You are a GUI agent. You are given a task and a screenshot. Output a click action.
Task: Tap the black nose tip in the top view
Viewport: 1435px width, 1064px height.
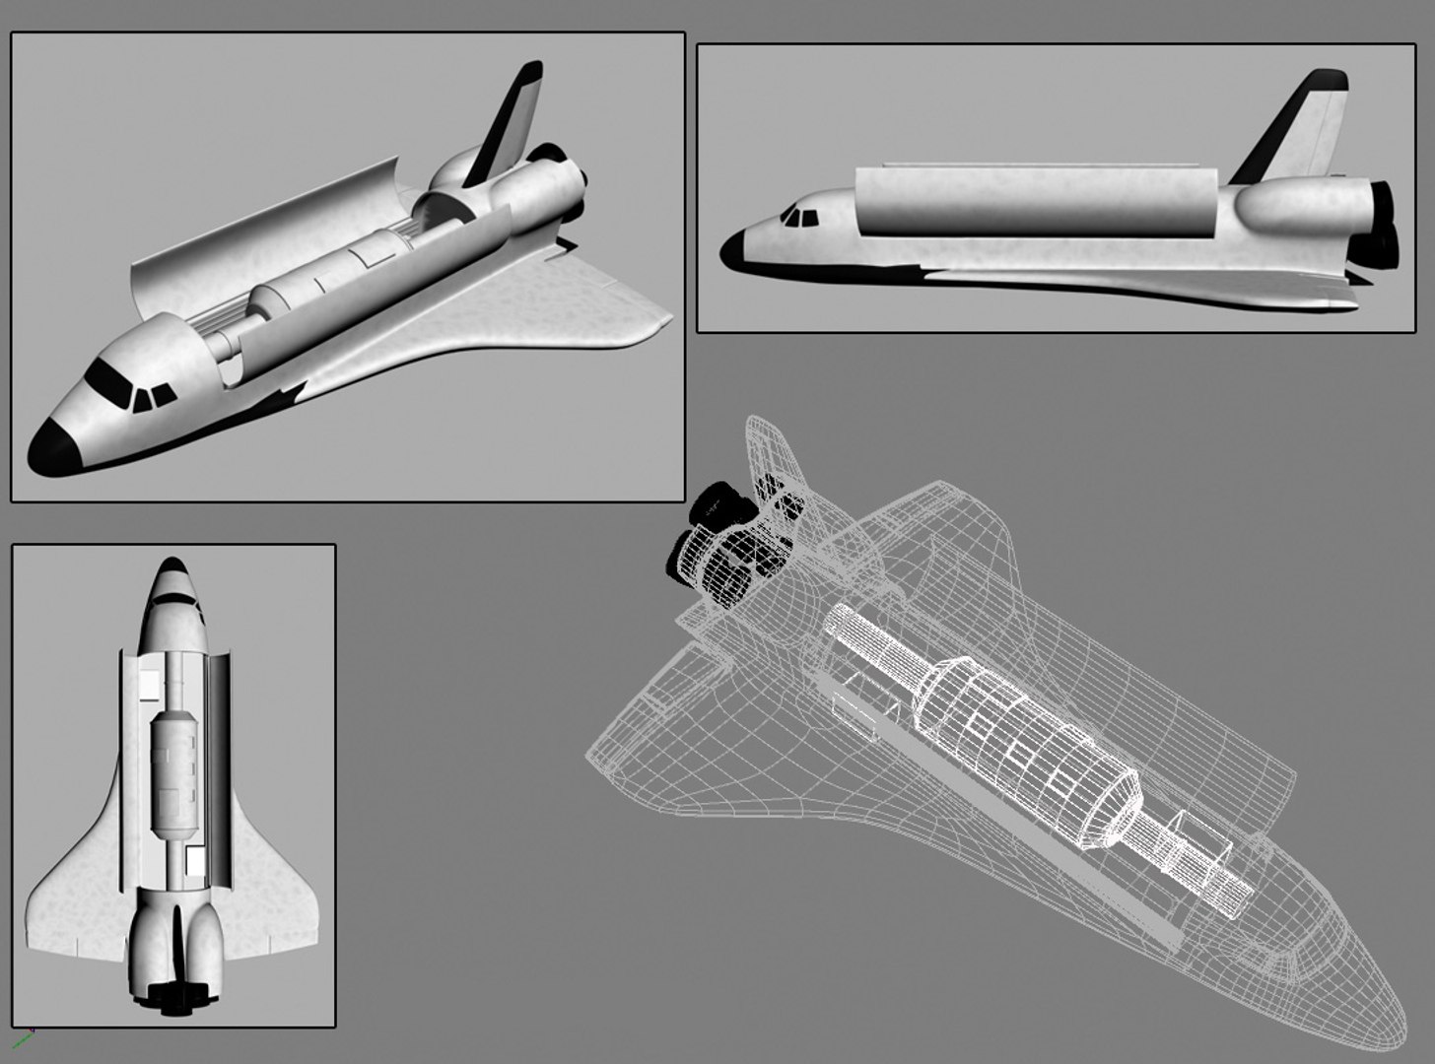pyautogui.click(x=173, y=569)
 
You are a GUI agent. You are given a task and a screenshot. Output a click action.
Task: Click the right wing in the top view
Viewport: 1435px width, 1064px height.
pyautogui.click(x=271, y=887)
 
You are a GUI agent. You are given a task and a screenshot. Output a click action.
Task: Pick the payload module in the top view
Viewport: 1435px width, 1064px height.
pyautogui.click(x=174, y=768)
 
